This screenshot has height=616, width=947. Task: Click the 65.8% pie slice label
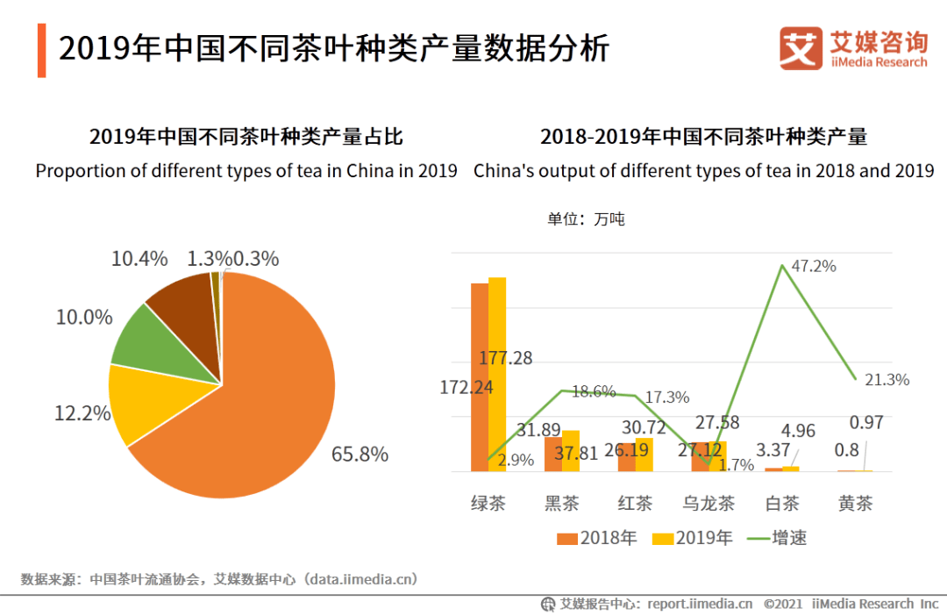[360, 455]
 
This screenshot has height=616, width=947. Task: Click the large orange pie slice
[263, 404]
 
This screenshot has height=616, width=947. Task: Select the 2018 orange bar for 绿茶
[480, 377]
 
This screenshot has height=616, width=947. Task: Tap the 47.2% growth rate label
[813, 266]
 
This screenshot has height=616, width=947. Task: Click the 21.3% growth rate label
[886, 380]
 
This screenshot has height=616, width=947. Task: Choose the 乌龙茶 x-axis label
[707, 504]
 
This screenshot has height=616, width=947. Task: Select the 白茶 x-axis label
[781, 504]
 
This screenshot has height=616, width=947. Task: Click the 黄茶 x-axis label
[855, 504]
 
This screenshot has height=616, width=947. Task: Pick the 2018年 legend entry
[596, 538]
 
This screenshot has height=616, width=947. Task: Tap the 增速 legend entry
[776, 538]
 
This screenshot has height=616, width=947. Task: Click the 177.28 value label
[506, 358]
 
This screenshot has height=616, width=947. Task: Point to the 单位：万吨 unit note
[586, 218]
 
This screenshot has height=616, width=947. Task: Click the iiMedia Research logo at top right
[852, 48]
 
